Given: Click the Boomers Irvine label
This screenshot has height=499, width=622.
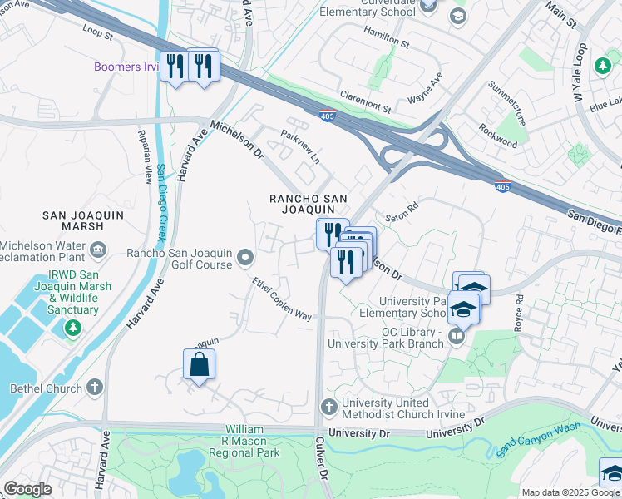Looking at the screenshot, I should point(126,67).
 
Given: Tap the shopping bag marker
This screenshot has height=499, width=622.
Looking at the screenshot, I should point(199,365).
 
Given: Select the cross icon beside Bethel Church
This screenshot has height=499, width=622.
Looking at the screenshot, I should point(96,388).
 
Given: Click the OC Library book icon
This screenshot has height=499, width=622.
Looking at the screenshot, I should point(456,337).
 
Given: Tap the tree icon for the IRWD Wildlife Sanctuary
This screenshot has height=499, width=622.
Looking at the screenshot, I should point(73,329).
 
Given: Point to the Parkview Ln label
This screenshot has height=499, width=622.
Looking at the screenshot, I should point(299,144).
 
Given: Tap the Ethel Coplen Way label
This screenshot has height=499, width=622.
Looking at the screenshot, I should point(283,299).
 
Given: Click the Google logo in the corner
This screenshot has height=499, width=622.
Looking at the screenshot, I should point(27,489).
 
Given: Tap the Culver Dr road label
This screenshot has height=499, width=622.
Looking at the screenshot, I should point(320,470).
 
